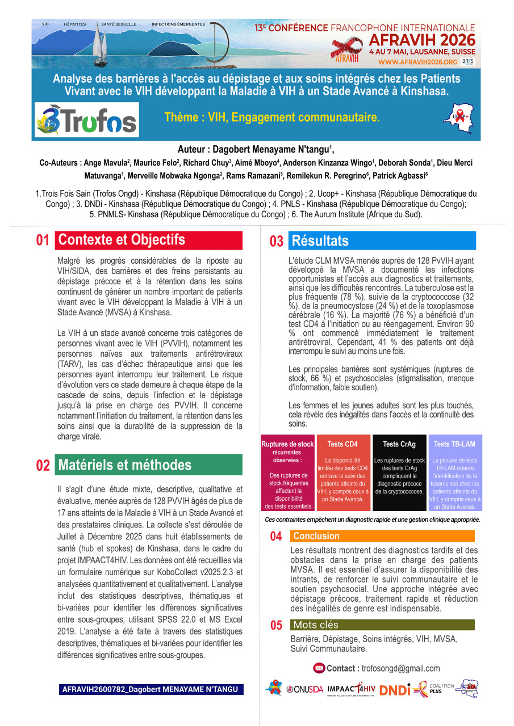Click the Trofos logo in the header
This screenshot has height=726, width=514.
coord(86,120)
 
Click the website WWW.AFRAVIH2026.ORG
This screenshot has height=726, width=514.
coord(417,62)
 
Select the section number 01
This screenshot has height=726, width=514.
coord(43,240)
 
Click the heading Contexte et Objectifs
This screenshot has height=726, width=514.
coord(122,240)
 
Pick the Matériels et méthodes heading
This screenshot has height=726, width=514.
coord(125,465)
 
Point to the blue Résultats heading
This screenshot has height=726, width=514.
coord(320,241)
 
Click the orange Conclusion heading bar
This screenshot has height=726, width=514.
coord(316,536)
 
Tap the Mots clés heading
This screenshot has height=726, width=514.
coord(316,625)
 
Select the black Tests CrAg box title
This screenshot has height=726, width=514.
coord(399,444)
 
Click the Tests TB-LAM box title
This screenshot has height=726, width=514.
coord(454,444)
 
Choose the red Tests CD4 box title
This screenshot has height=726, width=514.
coord(342,444)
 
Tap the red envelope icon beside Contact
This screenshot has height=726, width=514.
coord(319,669)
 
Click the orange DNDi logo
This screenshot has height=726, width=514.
coord(395,690)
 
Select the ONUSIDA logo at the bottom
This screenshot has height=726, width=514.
coord(305,690)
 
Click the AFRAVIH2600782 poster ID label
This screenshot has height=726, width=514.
coord(151,690)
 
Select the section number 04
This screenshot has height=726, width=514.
coord(276,537)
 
